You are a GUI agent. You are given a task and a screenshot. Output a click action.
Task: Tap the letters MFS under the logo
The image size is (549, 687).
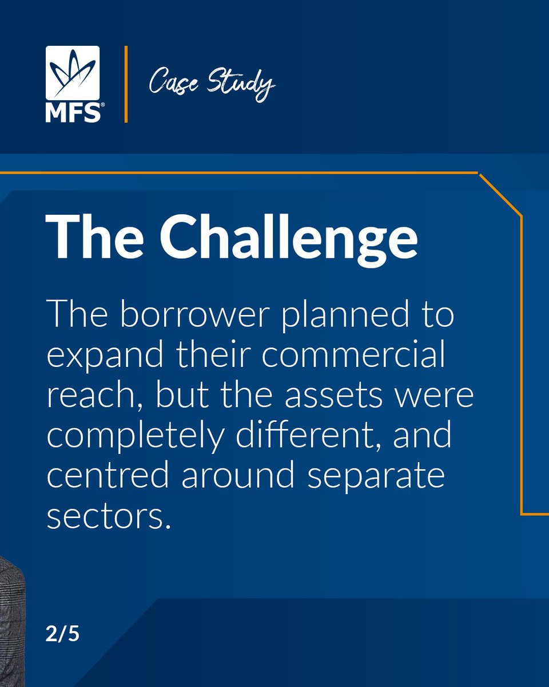(73, 113)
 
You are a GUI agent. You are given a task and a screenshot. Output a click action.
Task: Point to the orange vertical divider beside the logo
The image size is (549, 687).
(126, 84)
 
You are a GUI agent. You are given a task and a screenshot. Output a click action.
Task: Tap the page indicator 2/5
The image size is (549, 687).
(62, 636)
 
